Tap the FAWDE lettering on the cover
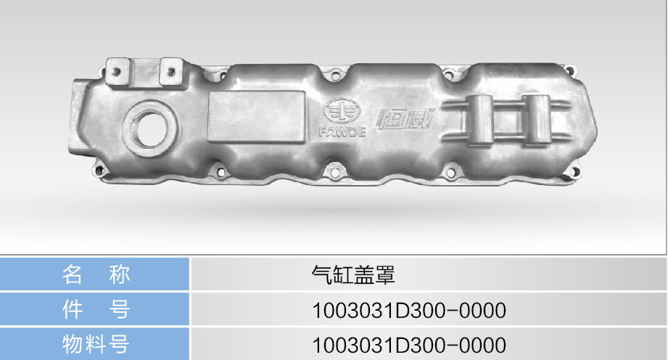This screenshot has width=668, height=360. click(x=342, y=132)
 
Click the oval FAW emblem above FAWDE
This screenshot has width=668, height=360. click(x=342, y=111)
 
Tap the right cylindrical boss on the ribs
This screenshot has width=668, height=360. click(x=537, y=120)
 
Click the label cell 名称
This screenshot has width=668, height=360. click(x=95, y=274)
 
